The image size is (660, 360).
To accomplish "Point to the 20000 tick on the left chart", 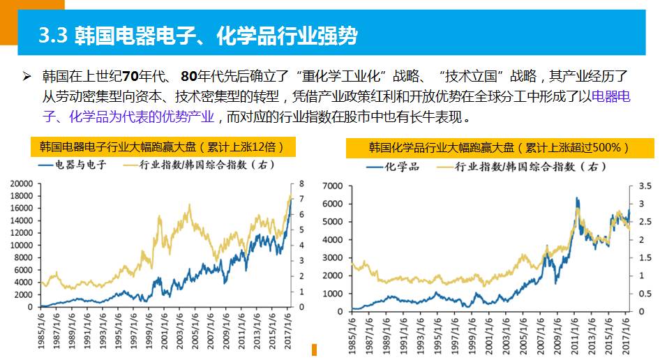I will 22,183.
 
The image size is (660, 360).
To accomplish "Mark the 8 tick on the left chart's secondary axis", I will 301,183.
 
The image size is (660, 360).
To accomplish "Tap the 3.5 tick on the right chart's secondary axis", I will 644,186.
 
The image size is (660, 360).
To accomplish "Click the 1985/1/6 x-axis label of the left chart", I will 43,327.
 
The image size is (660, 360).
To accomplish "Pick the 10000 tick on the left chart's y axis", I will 22,246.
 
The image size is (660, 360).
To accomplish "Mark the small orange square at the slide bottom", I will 314,350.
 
